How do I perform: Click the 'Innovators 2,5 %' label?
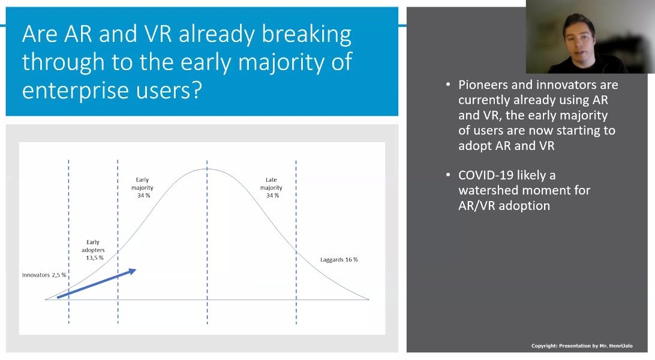pos(44,275)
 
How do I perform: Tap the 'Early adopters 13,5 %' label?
pos(93,250)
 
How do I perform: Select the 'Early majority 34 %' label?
pos(142,188)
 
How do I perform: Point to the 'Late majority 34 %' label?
pos(272,188)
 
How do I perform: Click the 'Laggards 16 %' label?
pos(339,259)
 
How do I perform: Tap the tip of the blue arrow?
pos(136,270)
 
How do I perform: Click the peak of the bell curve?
pos(207,169)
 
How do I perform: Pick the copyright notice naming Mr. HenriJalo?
pos(582,346)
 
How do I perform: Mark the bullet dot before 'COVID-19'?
pos(448,175)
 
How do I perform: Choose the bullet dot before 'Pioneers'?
pos(448,85)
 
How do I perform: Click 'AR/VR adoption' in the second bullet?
pos(504,206)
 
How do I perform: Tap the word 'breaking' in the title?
pos(307,34)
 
